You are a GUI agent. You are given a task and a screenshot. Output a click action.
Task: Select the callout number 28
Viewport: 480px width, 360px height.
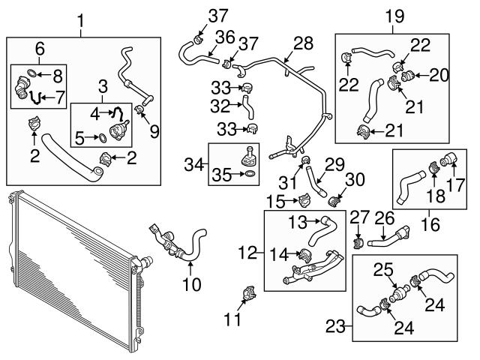tap(303, 44)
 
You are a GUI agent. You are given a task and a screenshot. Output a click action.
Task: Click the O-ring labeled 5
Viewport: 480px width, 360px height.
tap(100, 137)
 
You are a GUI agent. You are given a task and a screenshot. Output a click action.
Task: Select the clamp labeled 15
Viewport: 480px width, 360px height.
tap(304, 201)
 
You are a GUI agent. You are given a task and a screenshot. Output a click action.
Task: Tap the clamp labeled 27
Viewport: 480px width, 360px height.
tap(358, 242)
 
